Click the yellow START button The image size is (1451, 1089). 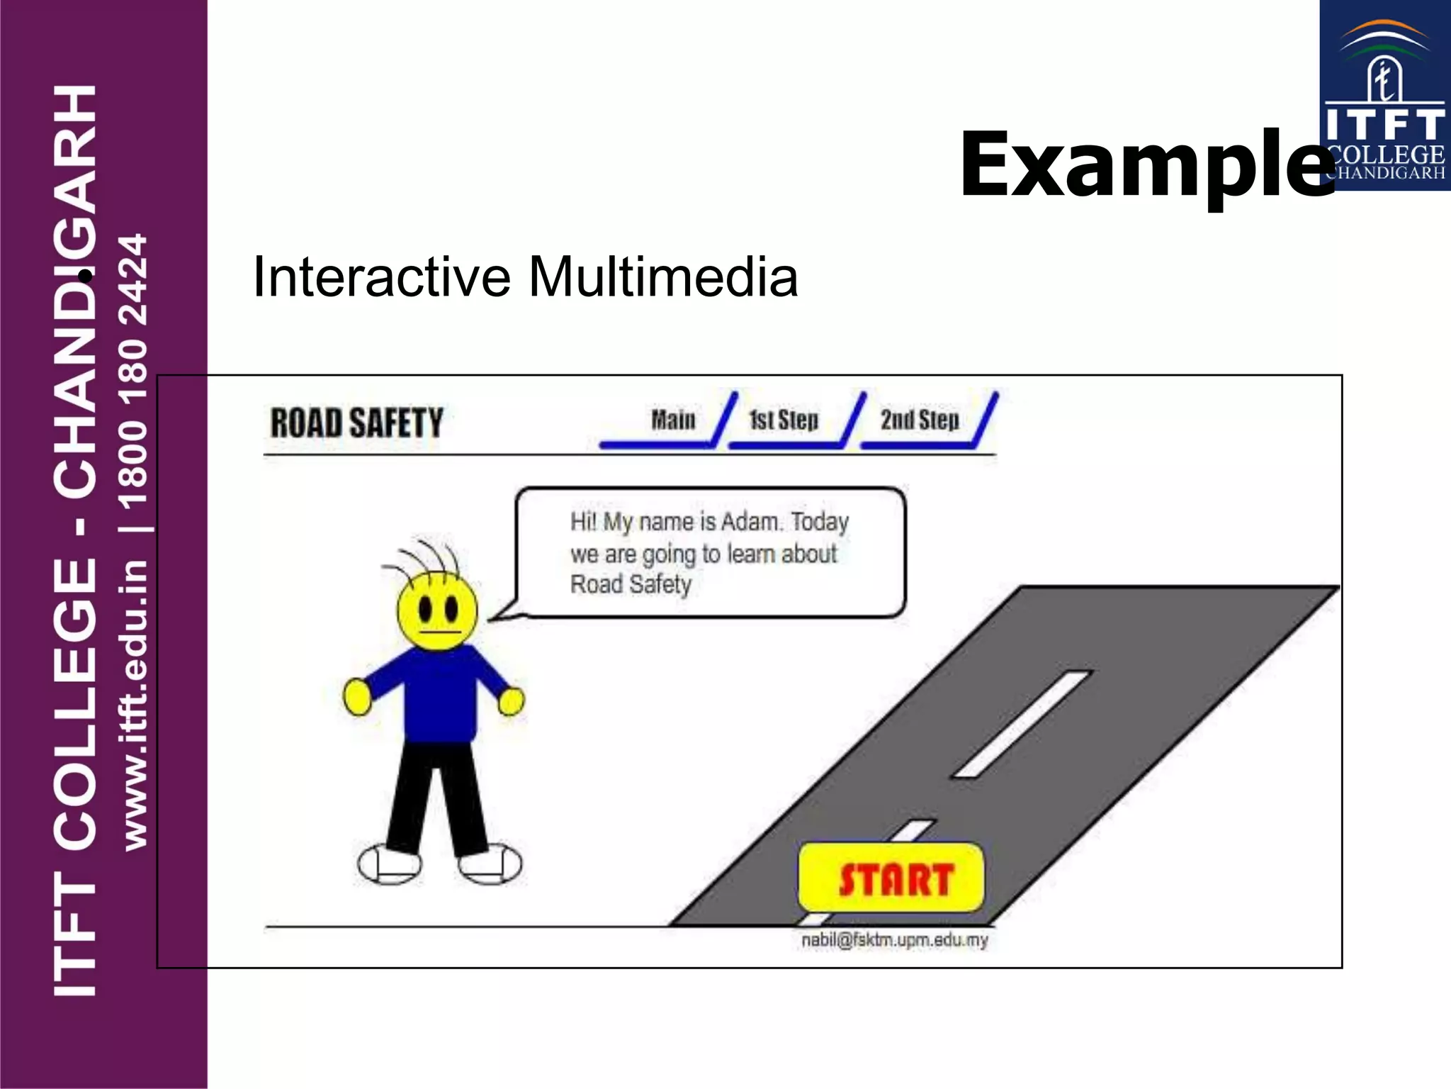pos(891,878)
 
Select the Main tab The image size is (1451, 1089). pos(673,420)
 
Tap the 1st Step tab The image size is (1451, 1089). pos(784,420)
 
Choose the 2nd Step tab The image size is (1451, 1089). pos(920,420)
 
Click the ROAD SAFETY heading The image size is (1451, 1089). pos(356,423)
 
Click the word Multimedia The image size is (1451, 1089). pos(663,277)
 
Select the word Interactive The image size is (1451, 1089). pos(381,277)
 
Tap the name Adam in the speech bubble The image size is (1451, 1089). pos(750,522)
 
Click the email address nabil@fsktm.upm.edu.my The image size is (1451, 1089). pos(894,940)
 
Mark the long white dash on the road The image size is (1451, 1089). pos(1022,723)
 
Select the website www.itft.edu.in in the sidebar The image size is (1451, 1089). pos(135,705)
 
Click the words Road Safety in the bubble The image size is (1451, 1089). pos(631,584)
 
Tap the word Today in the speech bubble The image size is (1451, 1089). pos(820,522)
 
